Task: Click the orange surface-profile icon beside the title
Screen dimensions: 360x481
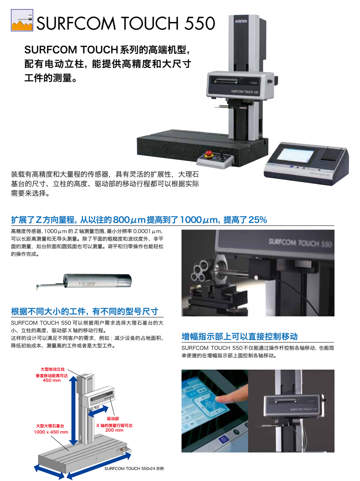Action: (22, 20)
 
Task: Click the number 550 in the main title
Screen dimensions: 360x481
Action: (199, 23)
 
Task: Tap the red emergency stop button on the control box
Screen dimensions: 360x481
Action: (208, 153)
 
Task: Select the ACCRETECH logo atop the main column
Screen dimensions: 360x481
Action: (241, 21)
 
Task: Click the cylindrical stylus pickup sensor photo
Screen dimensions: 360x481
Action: (84, 282)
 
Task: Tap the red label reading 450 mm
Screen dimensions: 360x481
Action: (52, 380)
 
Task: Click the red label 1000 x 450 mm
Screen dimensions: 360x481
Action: (51, 432)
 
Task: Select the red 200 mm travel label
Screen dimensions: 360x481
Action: (115, 430)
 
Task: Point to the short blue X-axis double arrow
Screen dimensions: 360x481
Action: (98, 411)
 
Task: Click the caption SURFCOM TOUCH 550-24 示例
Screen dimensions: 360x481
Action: (134, 468)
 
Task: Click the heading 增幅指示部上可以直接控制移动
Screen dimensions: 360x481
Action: (239, 337)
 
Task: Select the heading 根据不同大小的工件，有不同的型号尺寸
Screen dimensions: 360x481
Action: (84, 311)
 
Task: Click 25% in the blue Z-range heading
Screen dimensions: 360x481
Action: (258, 219)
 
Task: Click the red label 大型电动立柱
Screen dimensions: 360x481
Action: (53, 369)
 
